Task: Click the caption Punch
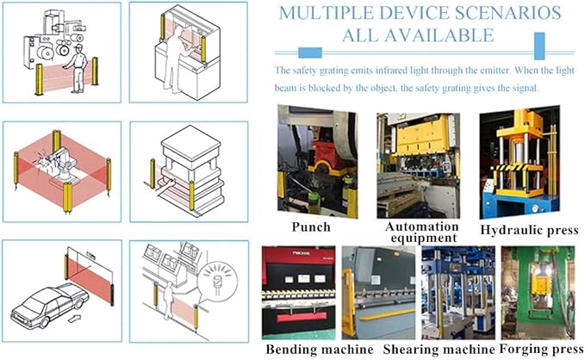(311, 227)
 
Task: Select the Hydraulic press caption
(529, 230)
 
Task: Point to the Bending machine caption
(320, 350)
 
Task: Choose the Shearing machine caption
(439, 350)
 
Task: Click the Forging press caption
(541, 349)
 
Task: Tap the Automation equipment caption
(422, 232)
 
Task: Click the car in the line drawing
(50, 306)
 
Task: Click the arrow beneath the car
(75, 319)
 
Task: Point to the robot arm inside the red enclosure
(65, 161)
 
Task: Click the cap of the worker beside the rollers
(78, 47)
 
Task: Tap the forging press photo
(538, 293)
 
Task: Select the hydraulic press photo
(520, 162)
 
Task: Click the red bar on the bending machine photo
(302, 317)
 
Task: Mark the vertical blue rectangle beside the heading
(539, 46)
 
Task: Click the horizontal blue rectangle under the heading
(310, 53)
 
